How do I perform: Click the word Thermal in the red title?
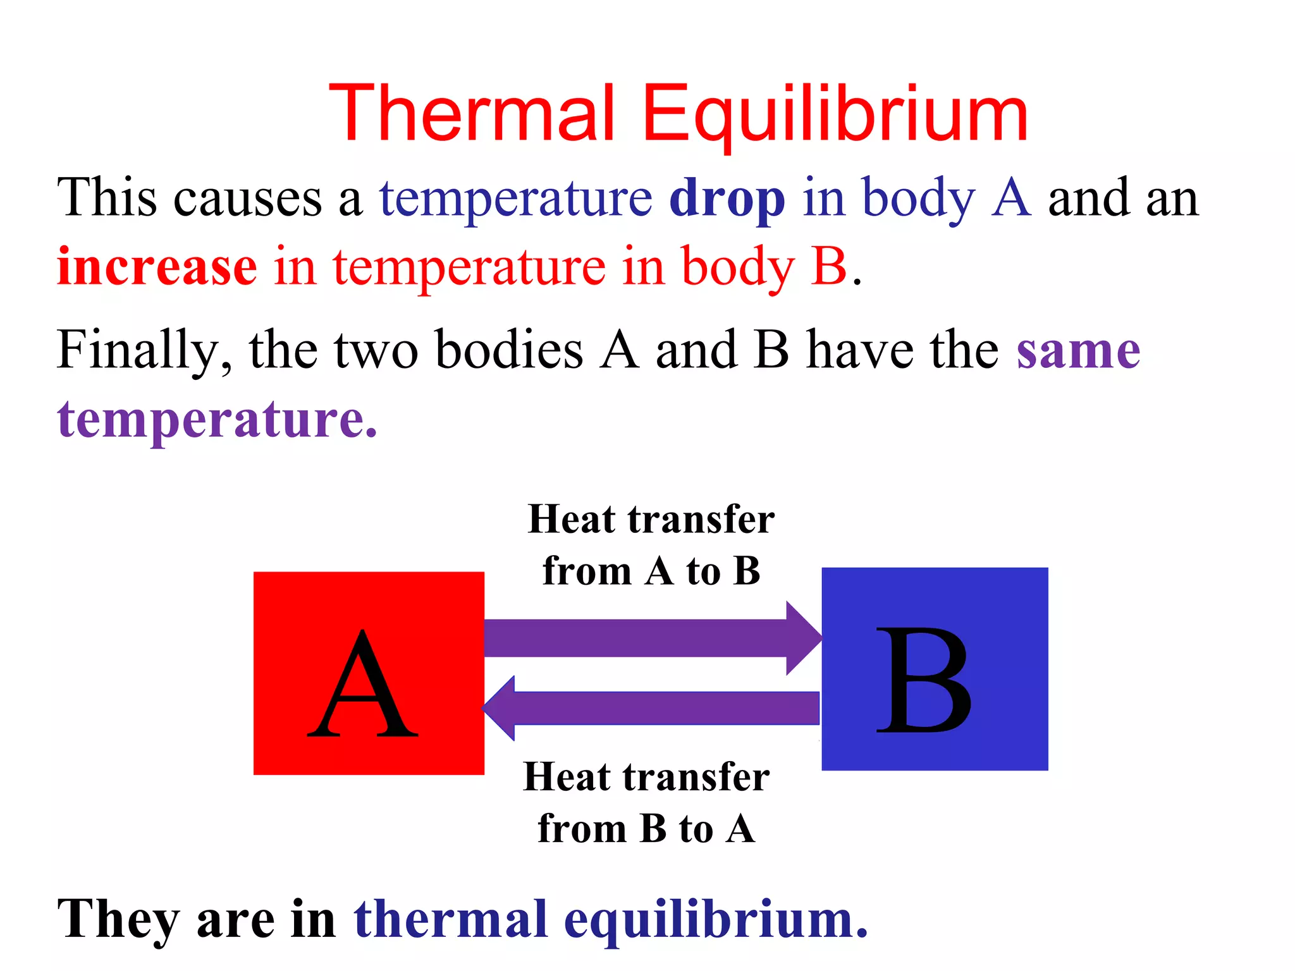(x=472, y=114)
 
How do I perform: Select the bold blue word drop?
(x=727, y=199)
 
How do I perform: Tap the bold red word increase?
(x=157, y=267)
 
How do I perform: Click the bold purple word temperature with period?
(x=217, y=420)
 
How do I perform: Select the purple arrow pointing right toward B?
(x=651, y=638)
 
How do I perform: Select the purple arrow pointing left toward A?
(x=651, y=707)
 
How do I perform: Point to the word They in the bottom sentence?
(x=118, y=920)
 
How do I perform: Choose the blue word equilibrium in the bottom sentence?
(x=715, y=920)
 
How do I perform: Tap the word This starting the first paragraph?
(x=107, y=198)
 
